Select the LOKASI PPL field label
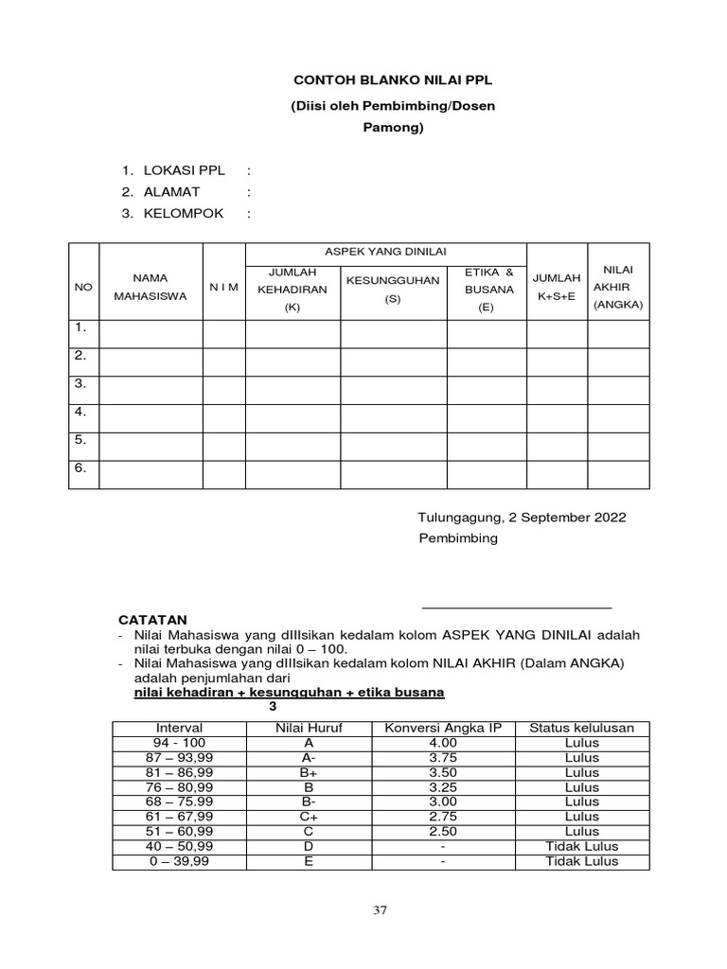coord(184,171)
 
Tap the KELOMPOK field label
coord(184,213)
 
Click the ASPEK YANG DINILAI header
coord(385,251)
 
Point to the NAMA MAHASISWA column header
coord(150,287)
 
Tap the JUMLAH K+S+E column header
coord(557,287)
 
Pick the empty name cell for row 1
coord(150,333)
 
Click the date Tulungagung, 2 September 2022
coord(522,518)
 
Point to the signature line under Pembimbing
coord(516,607)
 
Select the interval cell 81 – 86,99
coord(179,772)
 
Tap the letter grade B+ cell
coord(309,772)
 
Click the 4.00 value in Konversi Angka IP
coord(443,743)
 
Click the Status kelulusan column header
coord(581,728)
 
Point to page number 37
coord(381,910)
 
